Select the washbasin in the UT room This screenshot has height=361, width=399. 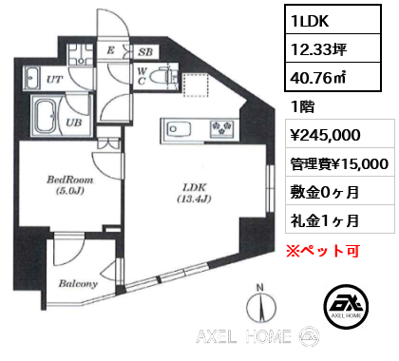pyautogui.click(x=31, y=80)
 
